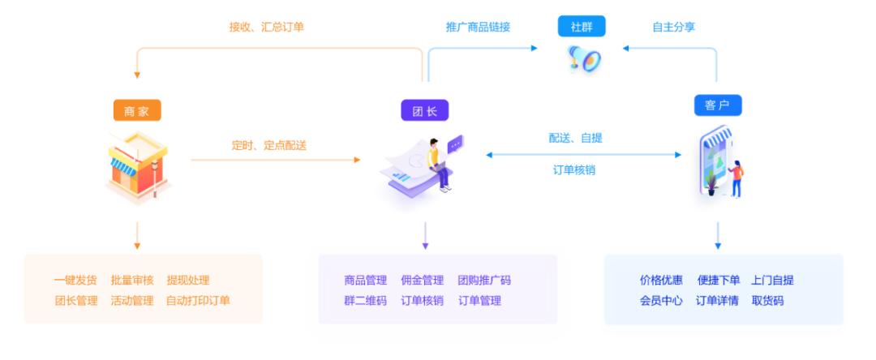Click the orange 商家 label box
(137, 111)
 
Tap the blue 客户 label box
(717, 105)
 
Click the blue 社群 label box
(582, 26)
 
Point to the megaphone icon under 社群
(584, 58)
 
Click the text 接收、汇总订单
(266, 27)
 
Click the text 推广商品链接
(478, 27)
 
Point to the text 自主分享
(673, 27)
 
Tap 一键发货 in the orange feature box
(75, 281)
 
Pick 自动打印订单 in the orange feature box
(198, 301)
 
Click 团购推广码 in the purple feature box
(484, 281)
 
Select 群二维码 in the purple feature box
(365, 301)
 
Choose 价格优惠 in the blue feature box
(661, 281)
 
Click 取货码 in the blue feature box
(767, 301)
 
